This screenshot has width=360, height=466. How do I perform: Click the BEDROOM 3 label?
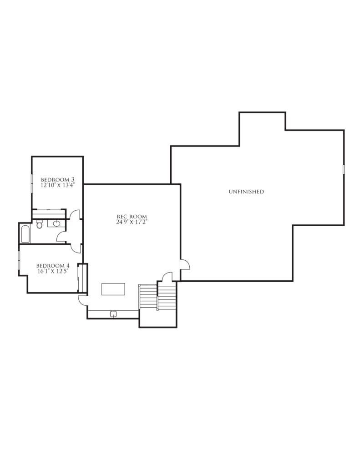pyautogui.click(x=57, y=179)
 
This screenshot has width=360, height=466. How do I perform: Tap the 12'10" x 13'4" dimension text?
pyautogui.click(x=57, y=185)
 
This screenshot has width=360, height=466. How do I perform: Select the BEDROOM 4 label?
pyautogui.click(x=53, y=266)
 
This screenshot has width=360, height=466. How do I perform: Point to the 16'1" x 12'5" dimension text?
pyautogui.click(x=53, y=271)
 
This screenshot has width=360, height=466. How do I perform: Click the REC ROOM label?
pyautogui.click(x=132, y=217)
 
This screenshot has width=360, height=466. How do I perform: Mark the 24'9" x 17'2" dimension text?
pyautogui.click(x=132, y=222)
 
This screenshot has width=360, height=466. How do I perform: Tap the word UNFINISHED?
pyautogui.click(x=246, y=192)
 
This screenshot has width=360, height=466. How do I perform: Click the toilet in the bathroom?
pyautogui.click(x=40, y=224)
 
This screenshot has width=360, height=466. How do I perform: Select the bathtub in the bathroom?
pyautogui.click(x=25, y=234)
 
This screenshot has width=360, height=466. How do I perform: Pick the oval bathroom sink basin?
pyautogui.click(x=56, y=223)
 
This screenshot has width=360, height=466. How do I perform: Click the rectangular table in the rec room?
pyautogui.click(x=113, y=289)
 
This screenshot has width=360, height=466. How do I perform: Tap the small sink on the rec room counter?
pyautogui.click(x=113, y=314)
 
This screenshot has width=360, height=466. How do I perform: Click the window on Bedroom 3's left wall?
pyautogui.click(x=32, y=184)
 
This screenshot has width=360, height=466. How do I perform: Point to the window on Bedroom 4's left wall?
pyautogui.click(x=19, y=260)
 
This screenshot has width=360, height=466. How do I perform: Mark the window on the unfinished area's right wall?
pyautogui.click(x=344, y=169)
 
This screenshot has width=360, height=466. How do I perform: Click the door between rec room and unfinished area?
pyautogui.click(x=185, y=264)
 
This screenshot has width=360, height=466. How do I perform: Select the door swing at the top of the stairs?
pyautogui.click(x=167, y=277)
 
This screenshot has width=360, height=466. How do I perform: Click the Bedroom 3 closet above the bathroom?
pyautogui.click(x=49, y=214)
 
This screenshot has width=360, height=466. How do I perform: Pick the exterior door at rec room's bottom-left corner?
pyautogui.click(x=83, y=300)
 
